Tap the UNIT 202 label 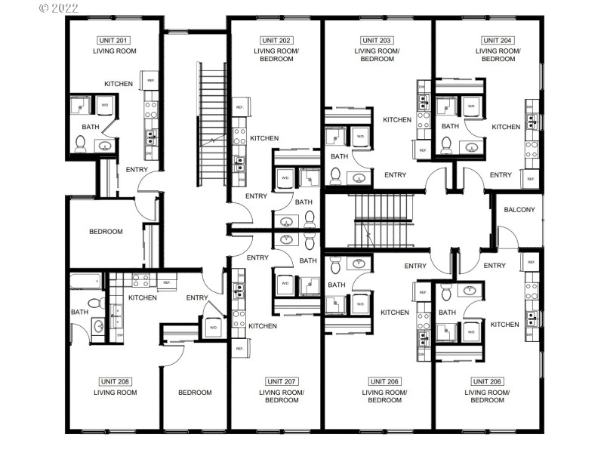276,40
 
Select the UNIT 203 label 377,40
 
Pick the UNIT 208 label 115,381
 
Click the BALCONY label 519,210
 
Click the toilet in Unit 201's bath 81,143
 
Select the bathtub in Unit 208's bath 85,282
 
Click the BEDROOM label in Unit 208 195,393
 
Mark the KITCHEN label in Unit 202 264,138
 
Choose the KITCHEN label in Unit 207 262,326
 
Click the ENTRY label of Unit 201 137,169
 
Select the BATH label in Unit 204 450,126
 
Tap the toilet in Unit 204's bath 445,143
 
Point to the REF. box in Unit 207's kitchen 239,349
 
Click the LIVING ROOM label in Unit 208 115,393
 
